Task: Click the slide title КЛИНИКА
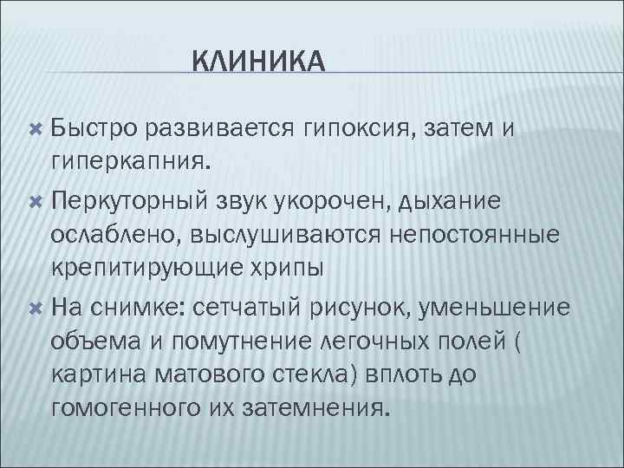point(257,62)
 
